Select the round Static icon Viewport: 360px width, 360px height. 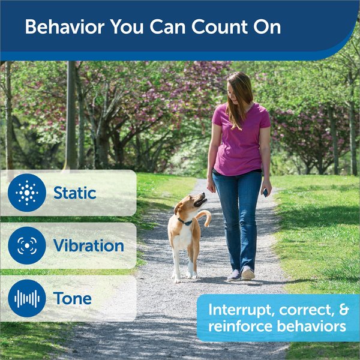pos(27,193)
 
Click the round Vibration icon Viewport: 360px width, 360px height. pos(27,245)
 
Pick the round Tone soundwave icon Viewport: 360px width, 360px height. pos(27,298)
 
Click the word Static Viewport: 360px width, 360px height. pos(74,193)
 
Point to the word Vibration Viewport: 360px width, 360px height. pos(88,245)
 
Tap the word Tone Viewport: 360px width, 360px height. pos(73,298)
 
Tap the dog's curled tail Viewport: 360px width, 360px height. pos(206,217)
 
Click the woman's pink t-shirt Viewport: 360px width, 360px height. pos(240,138)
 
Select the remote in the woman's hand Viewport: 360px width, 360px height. pos(265,192)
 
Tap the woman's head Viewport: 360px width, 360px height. pos(239,87)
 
